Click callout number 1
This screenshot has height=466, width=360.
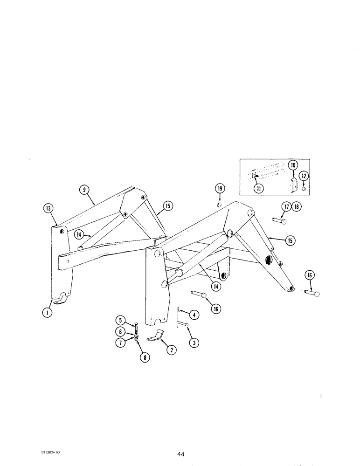[47, 313]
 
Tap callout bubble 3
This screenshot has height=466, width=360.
[192, 343]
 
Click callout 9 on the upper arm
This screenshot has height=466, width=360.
[83, 189]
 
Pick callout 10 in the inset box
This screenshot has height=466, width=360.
[292, 165]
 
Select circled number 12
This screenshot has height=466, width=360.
[305, 176]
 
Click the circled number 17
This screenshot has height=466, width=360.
[286, 206]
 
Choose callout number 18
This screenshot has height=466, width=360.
[296, 206]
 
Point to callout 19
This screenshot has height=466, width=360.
[220, 188]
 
